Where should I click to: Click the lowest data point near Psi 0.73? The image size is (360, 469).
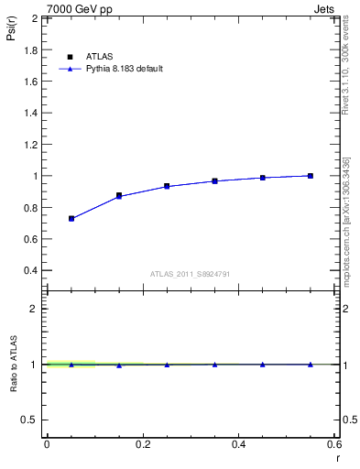pos(71,219)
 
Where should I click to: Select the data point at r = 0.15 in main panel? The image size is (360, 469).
pos(119,196)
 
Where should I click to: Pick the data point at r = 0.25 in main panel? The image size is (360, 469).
pos(167,186)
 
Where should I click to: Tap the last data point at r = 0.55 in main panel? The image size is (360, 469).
pos(311,176)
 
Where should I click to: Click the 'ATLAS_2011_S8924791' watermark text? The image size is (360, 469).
pos(190,274)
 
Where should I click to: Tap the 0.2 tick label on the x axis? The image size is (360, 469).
pos(142,444)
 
